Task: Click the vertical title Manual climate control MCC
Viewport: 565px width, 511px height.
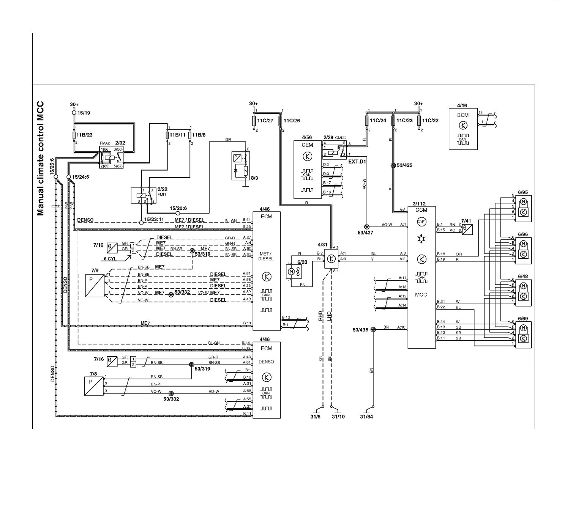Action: point(41,158)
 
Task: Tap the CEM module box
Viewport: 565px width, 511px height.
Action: point(308,169)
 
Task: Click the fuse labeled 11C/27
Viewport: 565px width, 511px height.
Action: point(254,121)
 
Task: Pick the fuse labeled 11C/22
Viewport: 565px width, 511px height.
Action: point(418,121)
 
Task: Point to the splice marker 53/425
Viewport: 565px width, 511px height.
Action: point(394,165)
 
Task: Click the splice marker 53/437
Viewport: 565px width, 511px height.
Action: point(366,225)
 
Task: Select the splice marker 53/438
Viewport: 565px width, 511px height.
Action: point(373,330)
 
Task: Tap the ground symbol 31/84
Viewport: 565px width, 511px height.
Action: point(367,412)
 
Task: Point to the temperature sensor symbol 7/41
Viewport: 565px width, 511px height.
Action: point(467,230)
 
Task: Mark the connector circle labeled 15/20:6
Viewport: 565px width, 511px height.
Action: point(178,214)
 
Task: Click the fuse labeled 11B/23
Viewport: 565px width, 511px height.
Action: point(74,135)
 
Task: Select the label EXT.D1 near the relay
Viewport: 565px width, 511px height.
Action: point(357,161)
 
